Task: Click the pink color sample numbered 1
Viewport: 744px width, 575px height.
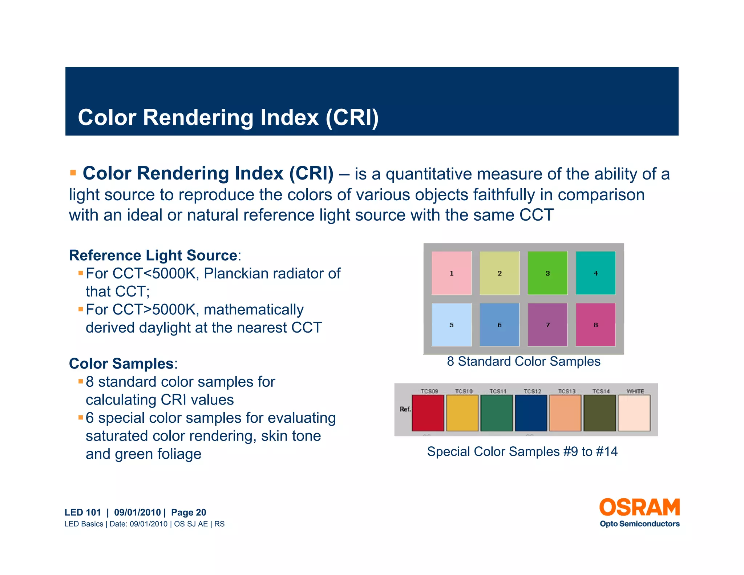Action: coord(451,273)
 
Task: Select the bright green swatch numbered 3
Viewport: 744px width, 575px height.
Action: coord(547,273)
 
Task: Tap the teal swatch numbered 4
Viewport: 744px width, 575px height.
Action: coord(595,273)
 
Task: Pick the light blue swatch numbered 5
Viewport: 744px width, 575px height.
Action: coord(451,325)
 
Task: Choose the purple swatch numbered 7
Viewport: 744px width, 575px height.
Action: coord(547,325)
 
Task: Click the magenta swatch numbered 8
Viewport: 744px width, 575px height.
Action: coord(595,325)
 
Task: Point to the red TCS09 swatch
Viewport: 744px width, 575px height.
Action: coord(428,413)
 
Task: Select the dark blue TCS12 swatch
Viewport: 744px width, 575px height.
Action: coord(531,413)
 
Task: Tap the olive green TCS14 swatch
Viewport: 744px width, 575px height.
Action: coord(599,413)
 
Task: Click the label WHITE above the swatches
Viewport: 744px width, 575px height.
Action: coord(635,391)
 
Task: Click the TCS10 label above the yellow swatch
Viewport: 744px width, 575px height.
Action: coord(464,391)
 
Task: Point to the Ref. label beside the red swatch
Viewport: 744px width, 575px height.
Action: coord(405,409)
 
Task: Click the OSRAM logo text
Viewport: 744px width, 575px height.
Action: coord(639,507)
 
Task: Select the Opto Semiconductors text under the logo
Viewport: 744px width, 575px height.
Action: coord(639,524)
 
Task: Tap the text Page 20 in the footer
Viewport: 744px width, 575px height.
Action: coord(189,512)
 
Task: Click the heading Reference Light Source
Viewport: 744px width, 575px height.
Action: coord(153,255)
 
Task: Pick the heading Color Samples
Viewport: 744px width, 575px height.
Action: coord(121,363)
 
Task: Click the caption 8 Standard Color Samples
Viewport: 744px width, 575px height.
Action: coord(523,361)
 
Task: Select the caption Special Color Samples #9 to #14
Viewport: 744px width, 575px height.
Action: coord(522,451)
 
